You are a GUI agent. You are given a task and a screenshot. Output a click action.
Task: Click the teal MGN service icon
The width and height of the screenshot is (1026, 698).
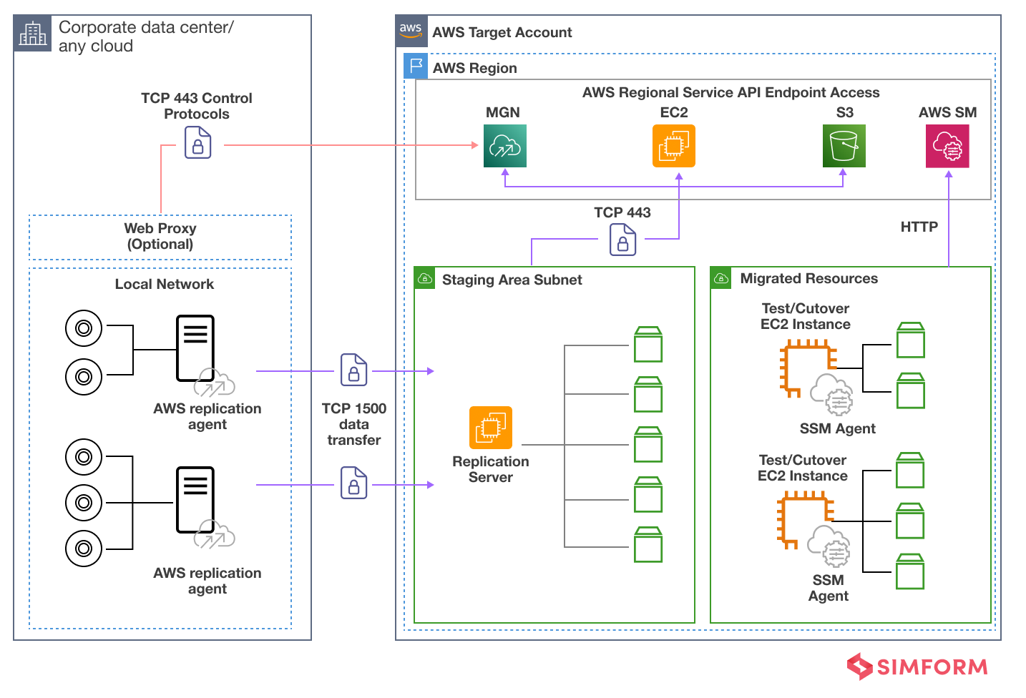(x=504, y=146)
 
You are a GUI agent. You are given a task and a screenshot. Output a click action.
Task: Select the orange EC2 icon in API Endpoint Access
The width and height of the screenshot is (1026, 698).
(x=673, y=146)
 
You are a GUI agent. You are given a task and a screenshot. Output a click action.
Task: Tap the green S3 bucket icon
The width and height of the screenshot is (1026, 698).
(x=844, y=146)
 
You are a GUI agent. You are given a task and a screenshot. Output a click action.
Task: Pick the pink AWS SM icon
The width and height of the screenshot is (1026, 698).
(x=947, y=146)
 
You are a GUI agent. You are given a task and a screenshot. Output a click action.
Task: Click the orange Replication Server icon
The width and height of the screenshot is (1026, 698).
(x=490, y=428)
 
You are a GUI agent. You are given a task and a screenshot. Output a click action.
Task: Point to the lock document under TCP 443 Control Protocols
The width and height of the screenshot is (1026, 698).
(x=197, y=142)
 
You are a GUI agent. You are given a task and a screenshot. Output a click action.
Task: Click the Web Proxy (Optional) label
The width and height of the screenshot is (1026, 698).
(x=160, y=236)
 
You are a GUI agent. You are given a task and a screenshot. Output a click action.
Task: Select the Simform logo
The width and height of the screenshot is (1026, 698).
(x=917, y=667)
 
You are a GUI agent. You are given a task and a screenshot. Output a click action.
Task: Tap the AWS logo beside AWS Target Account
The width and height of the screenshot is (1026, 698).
(x=411, y=31)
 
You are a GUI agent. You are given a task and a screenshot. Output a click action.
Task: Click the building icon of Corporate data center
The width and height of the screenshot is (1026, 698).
(x=33, y=34)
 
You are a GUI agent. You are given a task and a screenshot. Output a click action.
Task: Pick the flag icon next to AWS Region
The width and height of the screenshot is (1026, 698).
(x=416, y=66)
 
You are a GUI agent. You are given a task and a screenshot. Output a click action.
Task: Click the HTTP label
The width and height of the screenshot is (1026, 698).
(x=919, y=227)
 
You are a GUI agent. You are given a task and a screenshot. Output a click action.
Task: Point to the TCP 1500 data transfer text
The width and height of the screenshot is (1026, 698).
(x=354, y=424)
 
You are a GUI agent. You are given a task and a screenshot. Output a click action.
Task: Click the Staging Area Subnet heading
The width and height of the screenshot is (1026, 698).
(x=512, y=280)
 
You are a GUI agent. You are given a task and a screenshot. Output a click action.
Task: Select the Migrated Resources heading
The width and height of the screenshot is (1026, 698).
(x=808, y=278)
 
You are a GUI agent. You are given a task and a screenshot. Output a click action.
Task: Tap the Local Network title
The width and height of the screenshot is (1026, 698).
(x=165, y=284)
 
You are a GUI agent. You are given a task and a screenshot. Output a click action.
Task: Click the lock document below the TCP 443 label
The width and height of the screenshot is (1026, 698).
(x=622, y=240)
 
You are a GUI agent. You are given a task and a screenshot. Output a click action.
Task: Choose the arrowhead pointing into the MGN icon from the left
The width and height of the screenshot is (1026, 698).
(x=474, y=145)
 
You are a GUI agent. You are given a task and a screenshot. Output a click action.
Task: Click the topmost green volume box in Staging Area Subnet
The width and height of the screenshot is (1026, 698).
(x=648, y=345)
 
